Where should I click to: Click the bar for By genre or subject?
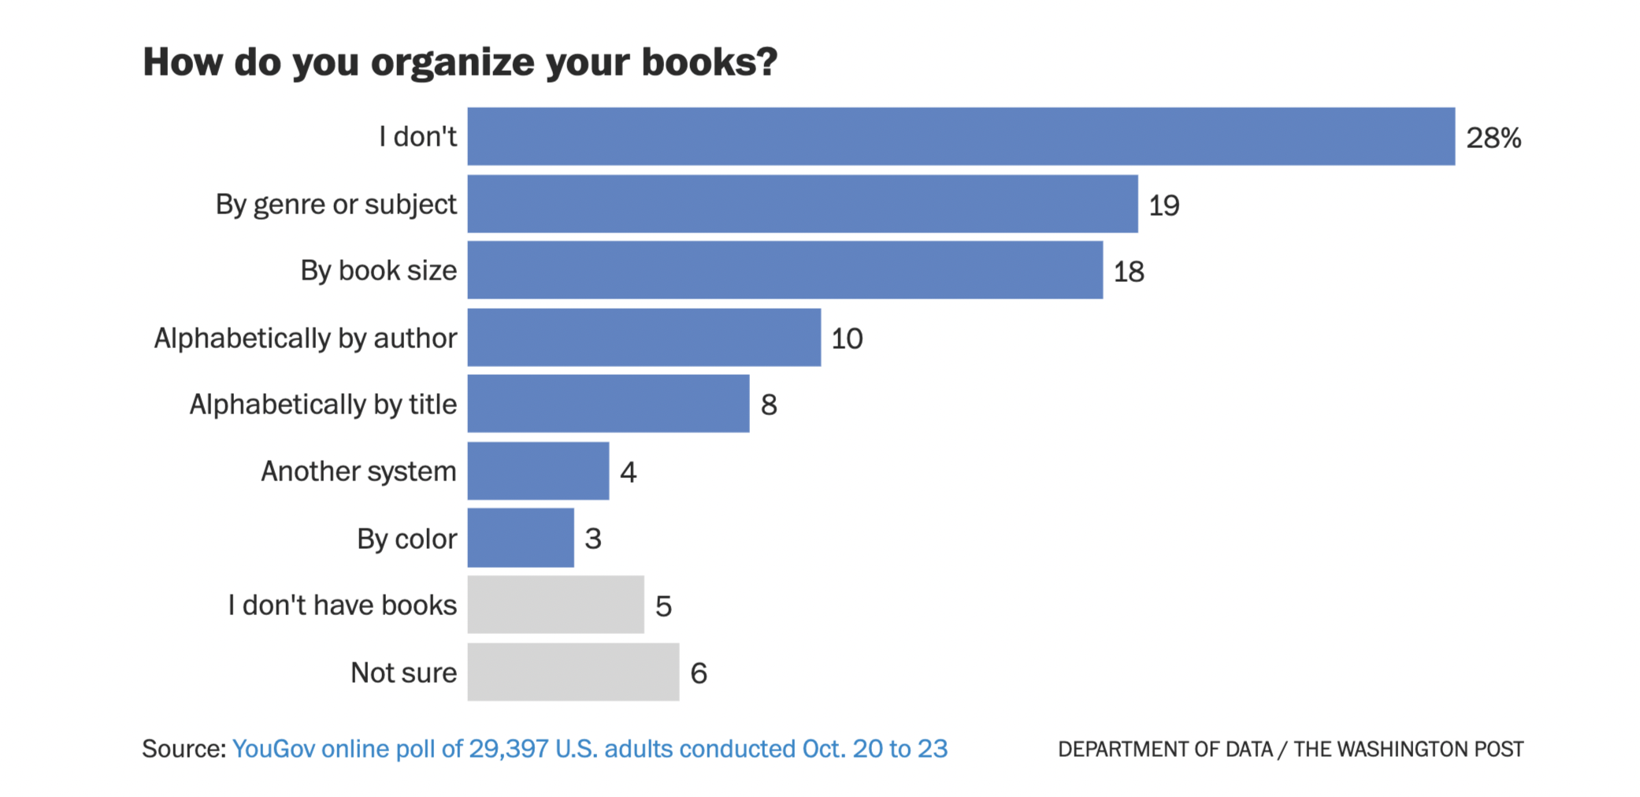pyautogui.click(x=802, y=204)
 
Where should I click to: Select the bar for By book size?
pyautogui.click(x=785, y=270)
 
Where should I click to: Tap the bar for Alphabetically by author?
pyautogui.click(x=644, y=337)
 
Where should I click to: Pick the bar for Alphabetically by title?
pyautogui.click(x=608, y=403)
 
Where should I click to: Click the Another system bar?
pyautogui.click(x=538, y=471)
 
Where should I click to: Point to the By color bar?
pyautogui.click(x=521, y=538)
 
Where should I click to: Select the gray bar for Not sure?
pyautogui.click(x=573, y=672)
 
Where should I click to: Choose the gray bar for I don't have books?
pyautogui.click(x=555, y=605)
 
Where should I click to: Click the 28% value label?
pyautogui.click(x=1493, y=138)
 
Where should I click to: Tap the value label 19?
pyautogui.click(x=1163, y=206)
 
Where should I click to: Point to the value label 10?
pyautogui.click(x=847, y=339)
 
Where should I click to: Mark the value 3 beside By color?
pyautogui.click(x=593, y=539)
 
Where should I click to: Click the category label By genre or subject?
pyautogui.click(x=336, y=204)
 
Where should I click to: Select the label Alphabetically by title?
pyautogui.click(x=323, y=404)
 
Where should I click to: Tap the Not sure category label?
pyautogui.click(x=403, y=673)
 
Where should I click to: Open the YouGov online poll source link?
pyautogui.click(x=589, y=748)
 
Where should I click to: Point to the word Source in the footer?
pyautogui.click(x=184, y=748)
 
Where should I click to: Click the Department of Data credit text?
pyautogui.click(x=1164, y=749)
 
